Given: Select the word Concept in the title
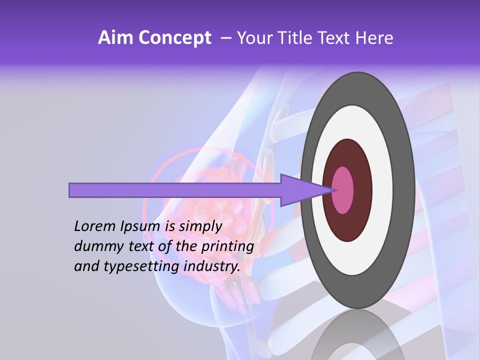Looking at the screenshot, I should click(x=175, y=38).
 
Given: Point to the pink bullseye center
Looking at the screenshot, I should click(x=343, y=190).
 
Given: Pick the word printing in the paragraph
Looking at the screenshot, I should click(x=227, y=246).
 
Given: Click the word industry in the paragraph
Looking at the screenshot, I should click(x=212, y=266).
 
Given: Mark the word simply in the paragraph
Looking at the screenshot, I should click(x=200, y=226).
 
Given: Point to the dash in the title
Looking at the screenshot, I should click(x=225, y=38).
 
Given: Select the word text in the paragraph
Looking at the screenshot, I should click(x=145, y=246).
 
